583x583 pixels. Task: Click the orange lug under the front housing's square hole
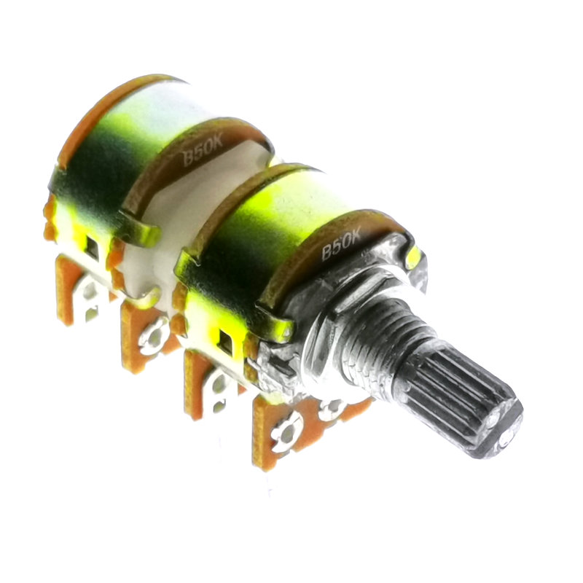point(208,383)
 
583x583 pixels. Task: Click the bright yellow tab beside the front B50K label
point(414,257)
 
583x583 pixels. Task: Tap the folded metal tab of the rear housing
point(142,232)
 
